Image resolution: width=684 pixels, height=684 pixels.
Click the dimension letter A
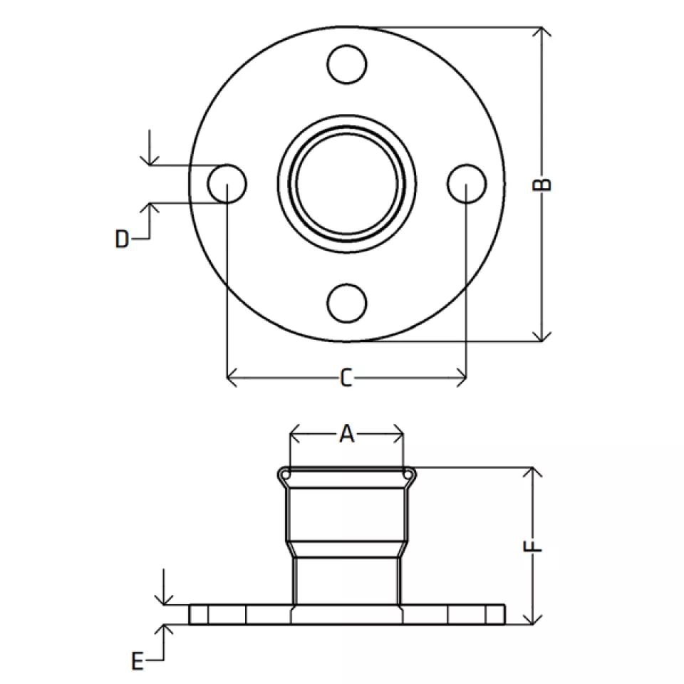point(347,434)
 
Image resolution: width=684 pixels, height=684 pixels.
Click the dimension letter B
point(541,185)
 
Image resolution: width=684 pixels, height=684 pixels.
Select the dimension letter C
point(346,378)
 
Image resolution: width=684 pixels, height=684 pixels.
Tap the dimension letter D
point(122,239)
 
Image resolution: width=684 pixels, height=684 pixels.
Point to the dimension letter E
point(138,661)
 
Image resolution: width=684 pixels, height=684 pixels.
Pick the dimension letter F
point(532,546)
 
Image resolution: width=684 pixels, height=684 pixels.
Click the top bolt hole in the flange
point(347,64)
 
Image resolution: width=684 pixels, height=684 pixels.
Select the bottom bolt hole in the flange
point(347,304)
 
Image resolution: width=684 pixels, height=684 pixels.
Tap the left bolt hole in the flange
point(227,184)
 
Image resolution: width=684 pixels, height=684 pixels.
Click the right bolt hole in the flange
point(467,184)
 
